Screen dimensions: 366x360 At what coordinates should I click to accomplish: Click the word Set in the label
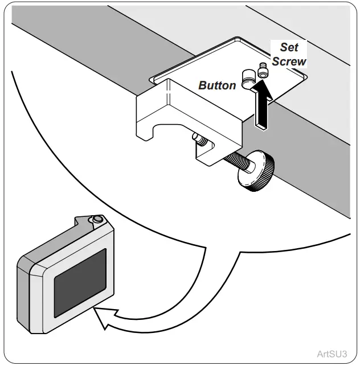point(289,48)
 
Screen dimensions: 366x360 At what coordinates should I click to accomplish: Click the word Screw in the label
point(289,61)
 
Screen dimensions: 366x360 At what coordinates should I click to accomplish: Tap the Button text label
point(217,85)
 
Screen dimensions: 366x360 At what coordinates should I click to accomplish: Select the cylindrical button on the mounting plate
point(248,78)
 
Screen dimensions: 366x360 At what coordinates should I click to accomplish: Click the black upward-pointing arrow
point(261,105)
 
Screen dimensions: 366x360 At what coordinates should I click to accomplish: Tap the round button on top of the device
point(98,219)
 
